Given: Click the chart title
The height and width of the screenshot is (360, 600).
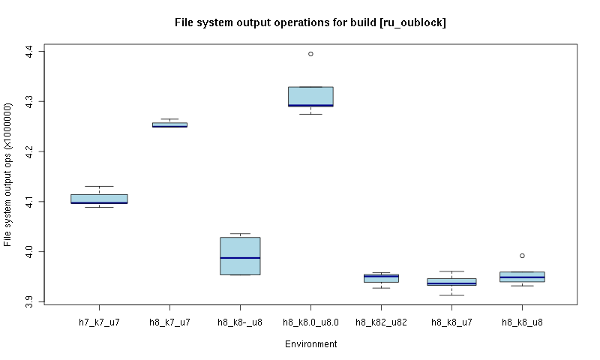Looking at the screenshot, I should pos(310,22).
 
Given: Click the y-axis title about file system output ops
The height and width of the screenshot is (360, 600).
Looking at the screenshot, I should pos(8,175).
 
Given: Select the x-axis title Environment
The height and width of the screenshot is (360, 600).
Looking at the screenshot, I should pos(310,344).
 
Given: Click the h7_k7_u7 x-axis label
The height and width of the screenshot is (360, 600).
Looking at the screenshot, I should pos(99,322).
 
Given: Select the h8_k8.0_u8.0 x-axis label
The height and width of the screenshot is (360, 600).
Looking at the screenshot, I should pos(310,322).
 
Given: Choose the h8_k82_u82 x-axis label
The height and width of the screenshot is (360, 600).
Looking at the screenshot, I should pos(381,322).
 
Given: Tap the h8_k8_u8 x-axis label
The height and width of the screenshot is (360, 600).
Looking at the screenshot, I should pos(522,322).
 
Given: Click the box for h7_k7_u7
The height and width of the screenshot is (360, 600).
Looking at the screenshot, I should pos(99,198).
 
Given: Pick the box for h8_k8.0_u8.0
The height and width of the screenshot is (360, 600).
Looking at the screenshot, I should pos(310,95).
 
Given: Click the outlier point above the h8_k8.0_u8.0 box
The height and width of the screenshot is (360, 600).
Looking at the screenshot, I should pos(310,54).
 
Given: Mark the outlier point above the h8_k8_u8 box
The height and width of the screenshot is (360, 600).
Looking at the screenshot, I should pos(522,256).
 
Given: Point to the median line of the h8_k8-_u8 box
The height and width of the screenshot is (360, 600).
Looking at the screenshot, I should pos(240,258).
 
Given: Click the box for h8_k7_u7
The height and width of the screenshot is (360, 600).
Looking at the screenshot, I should pos(169,124).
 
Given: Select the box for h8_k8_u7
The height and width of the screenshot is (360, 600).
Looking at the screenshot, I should pos(451,281).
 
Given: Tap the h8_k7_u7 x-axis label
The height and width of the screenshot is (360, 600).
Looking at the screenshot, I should pos(169,322).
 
